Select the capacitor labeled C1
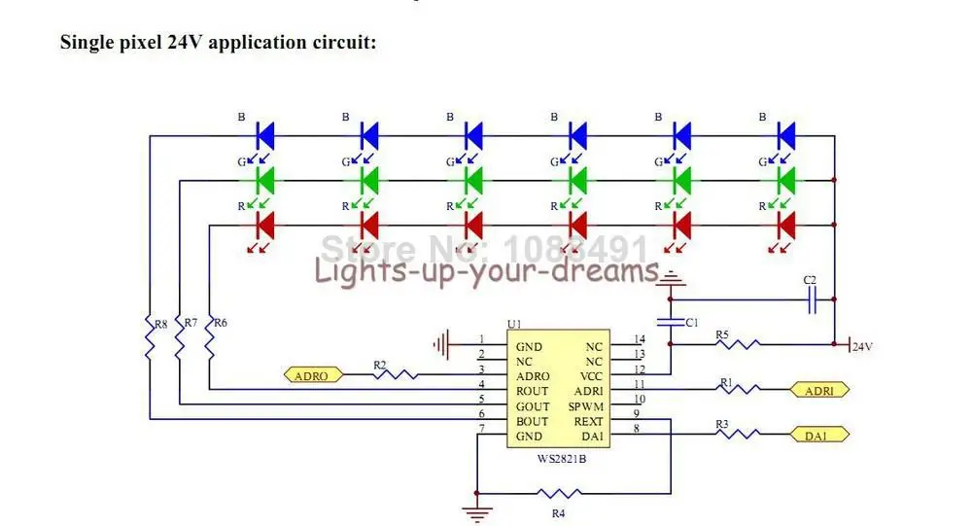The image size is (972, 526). pos(671,321)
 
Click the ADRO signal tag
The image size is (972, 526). pos(312,375)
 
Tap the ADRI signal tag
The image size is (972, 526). pos(820,391)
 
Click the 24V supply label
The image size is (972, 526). pos(863,346)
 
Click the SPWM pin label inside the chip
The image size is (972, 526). pos(585,406)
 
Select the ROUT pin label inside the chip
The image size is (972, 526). pos(533,391)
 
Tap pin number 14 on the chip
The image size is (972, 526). pos(639,339)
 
